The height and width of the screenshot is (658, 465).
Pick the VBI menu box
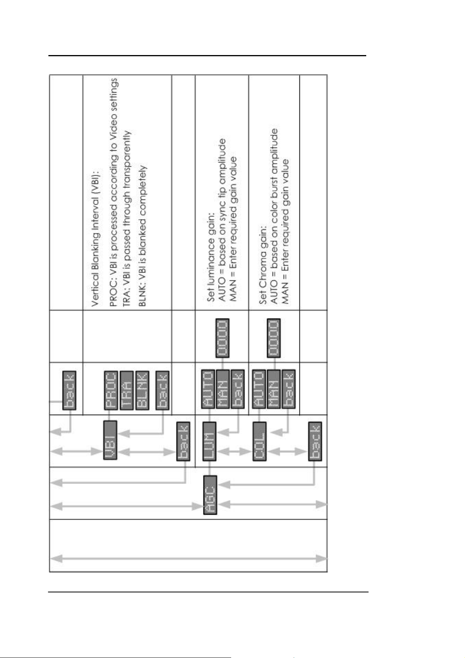coord(110,440)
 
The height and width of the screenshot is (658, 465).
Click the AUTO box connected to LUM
coord(208,389)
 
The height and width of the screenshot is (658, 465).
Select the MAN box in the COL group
coord(273,389)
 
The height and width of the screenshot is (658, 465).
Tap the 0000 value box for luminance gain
coord(223,338)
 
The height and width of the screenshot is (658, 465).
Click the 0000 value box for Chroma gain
coord(273,338)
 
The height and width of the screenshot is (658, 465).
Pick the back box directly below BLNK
coord(162,391)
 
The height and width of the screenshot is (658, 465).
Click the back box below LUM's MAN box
coord(237,389)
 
